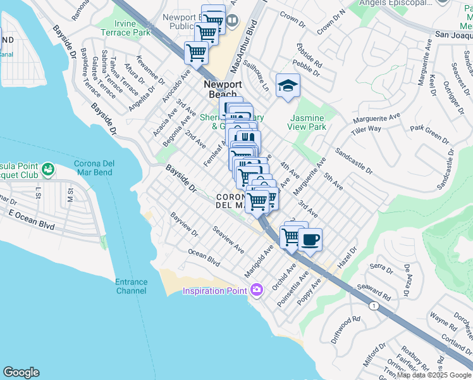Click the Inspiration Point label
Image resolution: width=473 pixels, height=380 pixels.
click(x=215, y=291)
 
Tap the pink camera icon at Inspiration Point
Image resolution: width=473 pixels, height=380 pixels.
click(x=256, y=290)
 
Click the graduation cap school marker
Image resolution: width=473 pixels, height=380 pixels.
click(x=288, y=85)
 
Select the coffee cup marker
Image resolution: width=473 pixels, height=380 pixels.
click(x=310, y=240)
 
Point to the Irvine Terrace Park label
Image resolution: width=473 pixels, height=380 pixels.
click(x=125, y=28)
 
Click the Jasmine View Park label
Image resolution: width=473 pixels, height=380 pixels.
click(x=307, y=122)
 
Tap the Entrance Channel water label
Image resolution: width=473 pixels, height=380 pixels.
click(x=132, y=286)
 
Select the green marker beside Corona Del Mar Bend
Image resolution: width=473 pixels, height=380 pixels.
click(x=47, y=169)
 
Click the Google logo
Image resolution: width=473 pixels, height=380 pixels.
click(x=21, y=372)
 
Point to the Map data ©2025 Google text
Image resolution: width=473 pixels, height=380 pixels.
click(x=434, y=375)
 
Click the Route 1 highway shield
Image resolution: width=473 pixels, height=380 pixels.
click(x=375, y=306)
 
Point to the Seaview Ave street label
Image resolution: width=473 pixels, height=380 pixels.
click(x=228, y=240)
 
